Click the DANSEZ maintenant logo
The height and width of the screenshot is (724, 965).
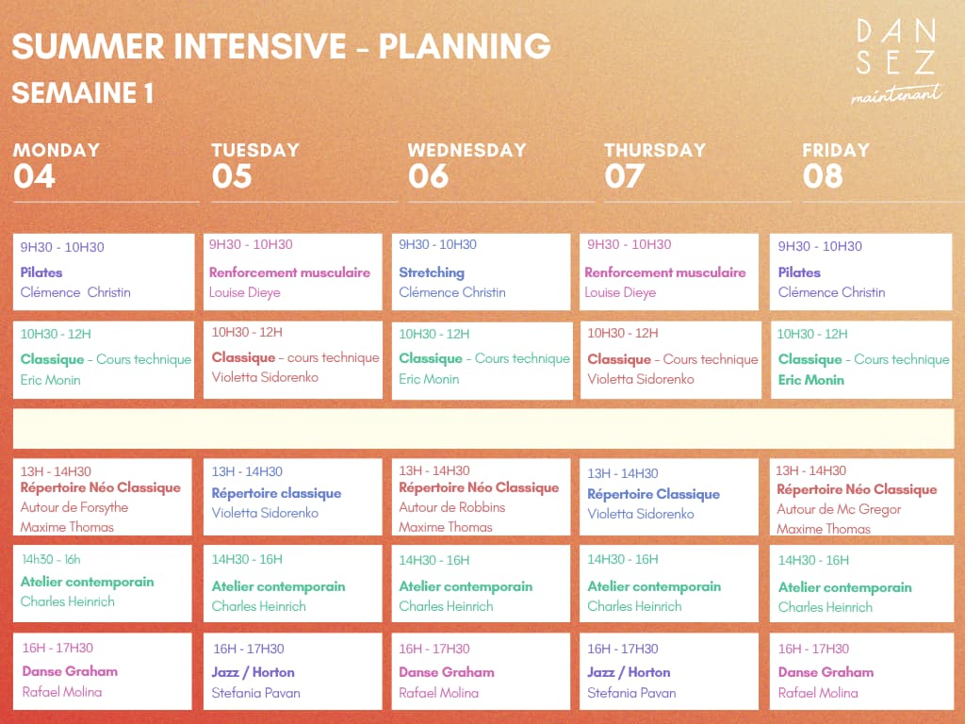pos(897,61)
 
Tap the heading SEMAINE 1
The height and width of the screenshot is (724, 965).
pos(83,93)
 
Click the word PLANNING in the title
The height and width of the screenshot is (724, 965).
pos(465,46)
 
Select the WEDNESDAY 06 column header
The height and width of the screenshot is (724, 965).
pos(466,166)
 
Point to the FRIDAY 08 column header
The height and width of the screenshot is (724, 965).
pos(835,166)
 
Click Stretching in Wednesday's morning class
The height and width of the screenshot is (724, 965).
pos(432,272)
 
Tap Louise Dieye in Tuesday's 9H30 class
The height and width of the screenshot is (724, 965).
pos(244,292)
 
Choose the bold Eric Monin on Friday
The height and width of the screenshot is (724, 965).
pos(810,380)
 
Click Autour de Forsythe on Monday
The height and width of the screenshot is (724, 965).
pos(74,507)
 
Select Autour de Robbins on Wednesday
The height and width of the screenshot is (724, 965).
pos(451,507)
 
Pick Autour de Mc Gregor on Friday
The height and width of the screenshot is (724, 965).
pos(838,509)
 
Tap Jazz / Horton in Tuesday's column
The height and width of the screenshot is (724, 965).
pos(253,672)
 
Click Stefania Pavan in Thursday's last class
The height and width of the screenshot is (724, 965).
pos(631,693)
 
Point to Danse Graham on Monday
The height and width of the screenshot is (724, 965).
pos(70,671)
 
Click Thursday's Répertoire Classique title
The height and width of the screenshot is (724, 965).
pos(653,494)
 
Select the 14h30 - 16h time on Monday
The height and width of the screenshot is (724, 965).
pos(51,560)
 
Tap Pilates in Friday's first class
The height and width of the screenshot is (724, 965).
pos(799,272)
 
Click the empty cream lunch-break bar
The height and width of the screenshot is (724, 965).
pos(483,429)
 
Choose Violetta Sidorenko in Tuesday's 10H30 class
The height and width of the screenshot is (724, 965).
pos(265,377)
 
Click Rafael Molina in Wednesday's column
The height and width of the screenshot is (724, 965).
pos(438,693)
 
